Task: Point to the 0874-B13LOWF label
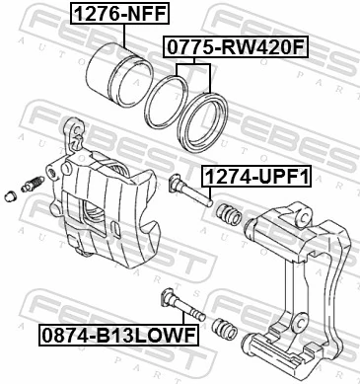(x=115, y=337)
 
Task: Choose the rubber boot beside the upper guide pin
(x=230, y=213)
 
